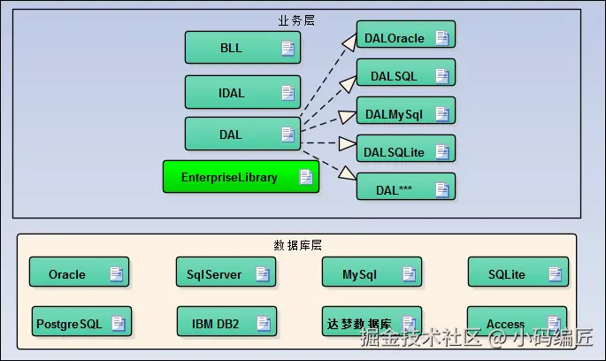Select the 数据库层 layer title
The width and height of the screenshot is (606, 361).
tap(296, 243)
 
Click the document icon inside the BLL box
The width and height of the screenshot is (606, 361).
tap(288, 48)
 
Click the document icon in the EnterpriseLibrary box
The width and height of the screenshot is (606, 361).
tap(305, 177)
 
